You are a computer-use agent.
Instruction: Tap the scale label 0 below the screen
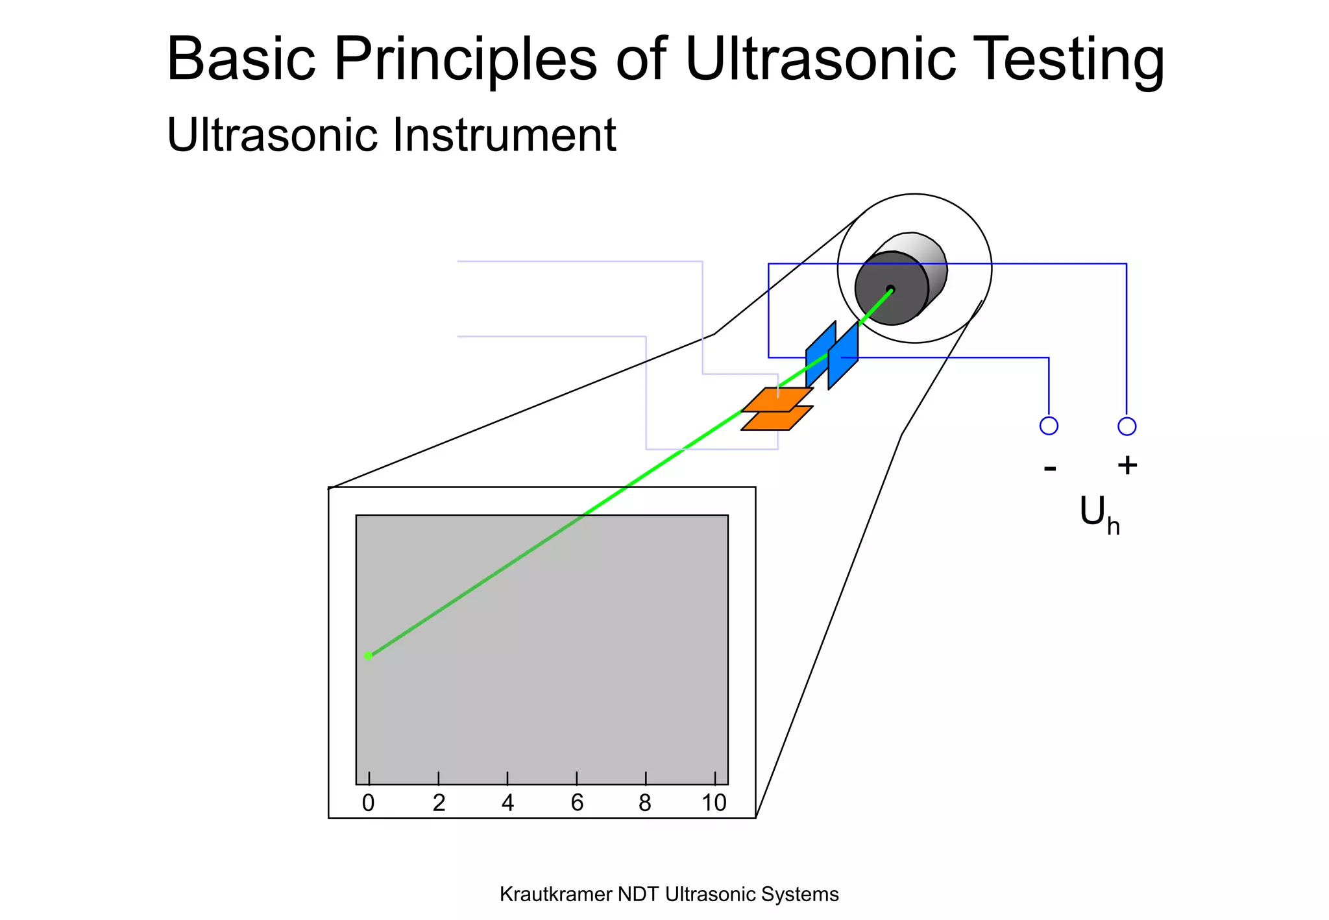coord(368,803)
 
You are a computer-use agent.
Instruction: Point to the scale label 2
coord(439,803)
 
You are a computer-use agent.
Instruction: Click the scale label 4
coord(507,803)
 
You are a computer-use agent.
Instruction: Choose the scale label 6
coord(577,803)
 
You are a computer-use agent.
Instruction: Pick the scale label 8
coord(644,803)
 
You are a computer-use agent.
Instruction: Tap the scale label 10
coord(714,803)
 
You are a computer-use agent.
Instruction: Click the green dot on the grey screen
coord(369,656)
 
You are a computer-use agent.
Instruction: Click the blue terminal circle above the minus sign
coord(1049,426)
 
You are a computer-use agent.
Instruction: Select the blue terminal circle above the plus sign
coord(1127,426)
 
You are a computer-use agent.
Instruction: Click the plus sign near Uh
coord(1127,465)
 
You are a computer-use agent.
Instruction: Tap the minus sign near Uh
coord(1050,468)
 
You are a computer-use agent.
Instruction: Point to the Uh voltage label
coord(1099,514)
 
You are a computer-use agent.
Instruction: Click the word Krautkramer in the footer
coord(555,894)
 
